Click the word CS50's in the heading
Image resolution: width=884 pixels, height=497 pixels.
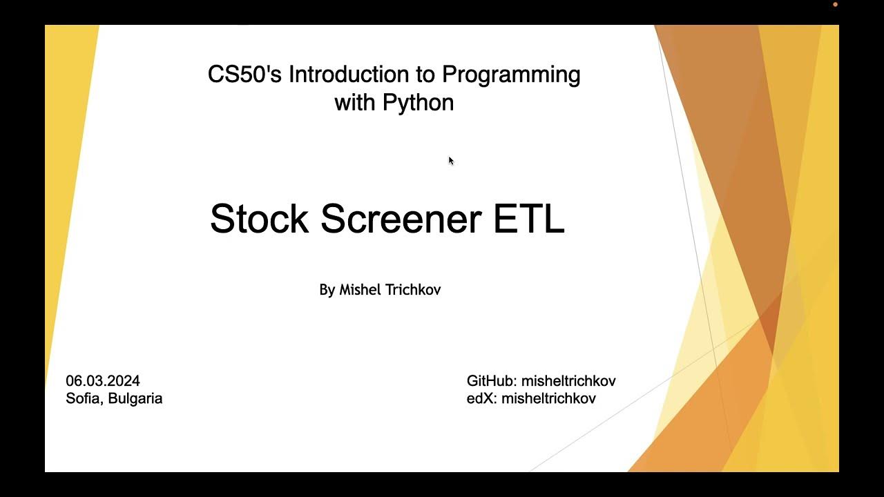(244, 75)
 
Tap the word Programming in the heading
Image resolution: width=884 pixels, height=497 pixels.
(510, 75)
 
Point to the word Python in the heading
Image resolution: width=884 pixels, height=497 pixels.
(419, 103)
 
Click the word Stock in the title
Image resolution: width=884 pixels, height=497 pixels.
(259, 219)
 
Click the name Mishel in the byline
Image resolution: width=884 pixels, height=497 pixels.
(360, 290)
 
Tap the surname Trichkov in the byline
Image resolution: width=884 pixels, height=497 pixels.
(412, 290)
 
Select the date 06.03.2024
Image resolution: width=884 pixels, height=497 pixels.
(103, 381)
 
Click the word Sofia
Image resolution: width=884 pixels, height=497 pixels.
(84, 398)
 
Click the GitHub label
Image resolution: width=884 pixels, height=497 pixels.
(492, 381)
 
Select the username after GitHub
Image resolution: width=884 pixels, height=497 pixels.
(568, 381)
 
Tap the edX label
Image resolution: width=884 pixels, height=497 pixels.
(482, 398)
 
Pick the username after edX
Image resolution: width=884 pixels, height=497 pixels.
(548, 398)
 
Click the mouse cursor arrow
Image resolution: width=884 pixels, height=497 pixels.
(450, 161)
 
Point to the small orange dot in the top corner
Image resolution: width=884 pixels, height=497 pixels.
(835, 4)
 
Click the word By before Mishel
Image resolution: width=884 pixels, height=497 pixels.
(327, 290)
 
